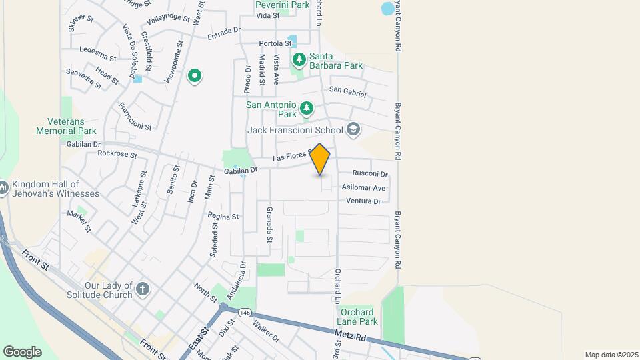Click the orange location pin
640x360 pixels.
point(320,159)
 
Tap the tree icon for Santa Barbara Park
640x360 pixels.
point(299,60)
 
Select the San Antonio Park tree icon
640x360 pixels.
point(306,107)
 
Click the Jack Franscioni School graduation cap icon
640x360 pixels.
point(353,129)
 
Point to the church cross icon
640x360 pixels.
point(142,289)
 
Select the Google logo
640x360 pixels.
point(22,351)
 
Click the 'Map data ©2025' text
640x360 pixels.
point(610,355)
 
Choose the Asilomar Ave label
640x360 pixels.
point(363,188)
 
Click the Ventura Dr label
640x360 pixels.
point(363,201)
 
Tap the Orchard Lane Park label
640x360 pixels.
point(359,317)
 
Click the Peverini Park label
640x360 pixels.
point(283,5)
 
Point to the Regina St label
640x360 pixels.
point(223,217)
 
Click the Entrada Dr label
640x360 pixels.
point(224,31)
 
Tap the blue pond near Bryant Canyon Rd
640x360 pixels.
point(387,9)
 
